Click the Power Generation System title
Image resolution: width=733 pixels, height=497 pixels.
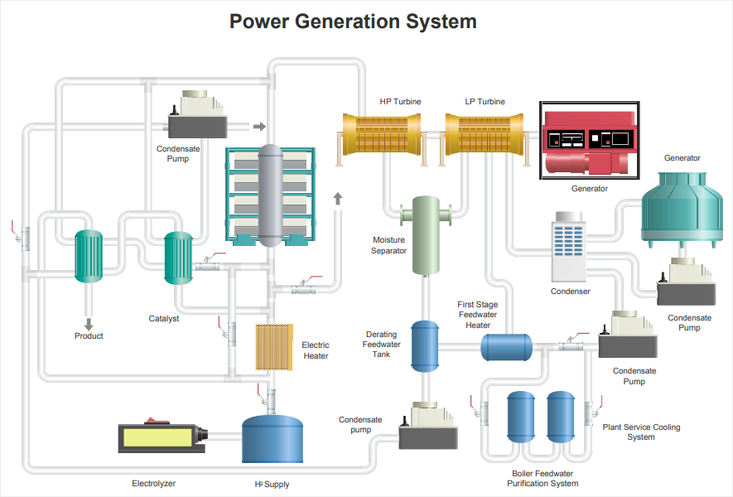pyautogui.click(x=353, y=22)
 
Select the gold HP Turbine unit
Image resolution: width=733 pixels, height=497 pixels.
pyautogui.click(x=382, y=135)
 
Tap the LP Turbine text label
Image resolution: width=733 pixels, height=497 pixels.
pyautogui.click(x=485, y=101)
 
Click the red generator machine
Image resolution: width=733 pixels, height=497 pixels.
pyautogui.click(x=590, y=142)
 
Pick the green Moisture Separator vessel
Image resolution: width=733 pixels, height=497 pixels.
pyautogui.click(x=426, y=235)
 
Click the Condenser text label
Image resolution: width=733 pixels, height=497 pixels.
pyautogui.click(x=571, y=292)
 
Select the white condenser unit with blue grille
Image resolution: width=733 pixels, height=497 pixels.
pyautogui.click(x=568, y=246)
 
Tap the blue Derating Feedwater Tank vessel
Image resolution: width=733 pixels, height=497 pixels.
pyautogui.click(x=425, y=346)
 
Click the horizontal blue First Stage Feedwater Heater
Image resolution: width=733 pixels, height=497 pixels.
pyautogui.click(x=507, y=347)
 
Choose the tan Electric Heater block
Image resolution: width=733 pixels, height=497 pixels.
pyautogui.click(x=274, y=347)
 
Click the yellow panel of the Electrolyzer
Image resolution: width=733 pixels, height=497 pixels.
pyautogui.click(x=158, y=438)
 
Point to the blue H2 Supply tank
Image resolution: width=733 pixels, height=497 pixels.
pyautogui.click(x=272, y=439)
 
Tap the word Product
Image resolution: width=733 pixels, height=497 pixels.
pyautogui.click(x=89, y=335)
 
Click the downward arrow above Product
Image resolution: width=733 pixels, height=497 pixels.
pyautogui.click(x=89, y=324)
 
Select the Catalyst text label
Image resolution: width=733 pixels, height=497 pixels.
pyautogui.click(x=164, y=318)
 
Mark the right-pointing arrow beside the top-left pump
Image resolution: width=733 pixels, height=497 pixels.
pyautogui.click(x=259, y=126)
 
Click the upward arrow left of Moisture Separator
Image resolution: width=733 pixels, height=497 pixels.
pyautogui.click(x=338, y=198)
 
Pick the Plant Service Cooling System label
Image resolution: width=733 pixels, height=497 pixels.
pyautogui.click(x=641, y=432)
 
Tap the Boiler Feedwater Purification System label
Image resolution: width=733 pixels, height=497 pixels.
pyautogui.click(x=543, y=478)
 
